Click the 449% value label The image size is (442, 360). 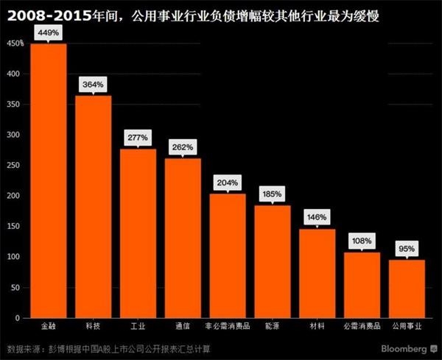click(49, 33)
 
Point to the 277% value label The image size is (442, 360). click(138, 138)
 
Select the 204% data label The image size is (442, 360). click(228, 183)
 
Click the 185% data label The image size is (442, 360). click(273, 194)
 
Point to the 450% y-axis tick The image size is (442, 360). click(15, 44)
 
